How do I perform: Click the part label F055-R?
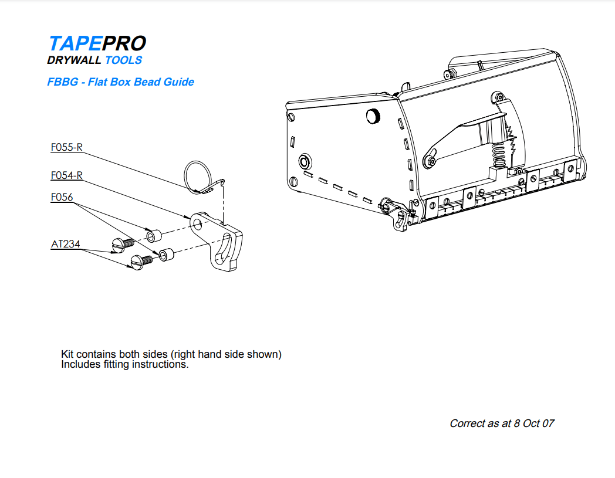coord(66,148)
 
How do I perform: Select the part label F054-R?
coord(66,175)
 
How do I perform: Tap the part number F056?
coord(62,198)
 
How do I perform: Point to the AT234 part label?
coord(65,245)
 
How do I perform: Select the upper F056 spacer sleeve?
coord(153,236)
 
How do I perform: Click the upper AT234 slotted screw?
coord(120,243)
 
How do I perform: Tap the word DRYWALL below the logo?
coord(74,60)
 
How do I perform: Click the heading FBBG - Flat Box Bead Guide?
coord(120,82)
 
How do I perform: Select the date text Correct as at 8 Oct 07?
coord(502,423)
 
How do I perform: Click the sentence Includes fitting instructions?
coord(125,364)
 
